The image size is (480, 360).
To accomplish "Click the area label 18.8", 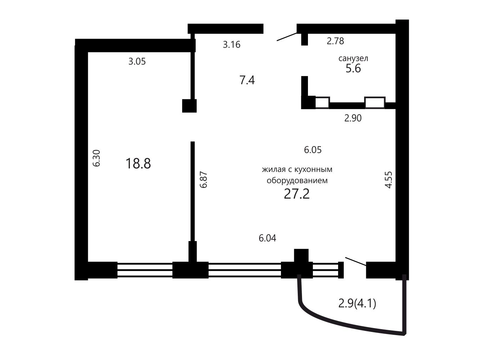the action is [x=138, y=164].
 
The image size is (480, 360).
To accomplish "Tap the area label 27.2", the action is [x=297, y=194].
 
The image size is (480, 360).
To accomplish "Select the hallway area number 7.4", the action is [x=247, y=80].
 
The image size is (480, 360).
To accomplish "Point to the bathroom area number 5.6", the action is [x=353, y=68].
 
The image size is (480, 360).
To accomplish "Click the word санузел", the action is [x=353, y=58].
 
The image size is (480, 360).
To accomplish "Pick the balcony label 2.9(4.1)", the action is [x=357, y=304].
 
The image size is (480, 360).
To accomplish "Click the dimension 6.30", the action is [x=97, y=158].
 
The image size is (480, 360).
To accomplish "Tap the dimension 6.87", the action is [x=203, y=180].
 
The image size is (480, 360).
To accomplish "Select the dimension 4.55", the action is [x=389, y=180].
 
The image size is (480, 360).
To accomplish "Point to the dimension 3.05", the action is [x=137, y=61].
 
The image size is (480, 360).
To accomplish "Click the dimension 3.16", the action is [x=232, y=45].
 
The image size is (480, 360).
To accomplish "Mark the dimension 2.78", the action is [x=335, y=41].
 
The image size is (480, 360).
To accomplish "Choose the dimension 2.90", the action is [x=353, y=118].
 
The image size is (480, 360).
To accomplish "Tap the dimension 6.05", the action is [x=313, y=150].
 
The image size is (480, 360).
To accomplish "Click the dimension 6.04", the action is [x=267, y=238].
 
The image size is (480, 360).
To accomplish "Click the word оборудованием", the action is [x=297, y=181].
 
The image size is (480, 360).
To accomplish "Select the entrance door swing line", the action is [x=287, y=37].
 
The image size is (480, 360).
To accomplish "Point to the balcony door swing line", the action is [x=356, y=261].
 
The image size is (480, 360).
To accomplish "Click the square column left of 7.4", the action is [x=189, y=106].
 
